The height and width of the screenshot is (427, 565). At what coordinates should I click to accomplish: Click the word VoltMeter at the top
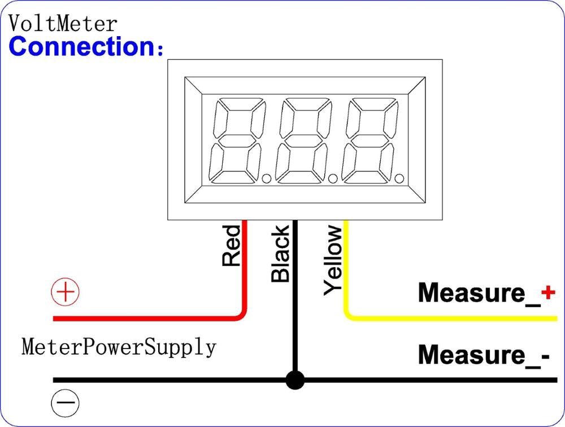point(63,24)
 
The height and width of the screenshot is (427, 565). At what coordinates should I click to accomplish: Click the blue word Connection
point(82,46)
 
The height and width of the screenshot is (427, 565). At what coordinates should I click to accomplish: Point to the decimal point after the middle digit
point(333,179)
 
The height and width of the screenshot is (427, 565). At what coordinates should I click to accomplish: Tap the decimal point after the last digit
point(399,179)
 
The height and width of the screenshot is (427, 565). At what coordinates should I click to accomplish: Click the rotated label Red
point(231,246)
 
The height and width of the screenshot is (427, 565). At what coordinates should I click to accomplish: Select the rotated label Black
point(280,254)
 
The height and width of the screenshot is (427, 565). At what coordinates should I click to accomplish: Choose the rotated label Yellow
point(333,260)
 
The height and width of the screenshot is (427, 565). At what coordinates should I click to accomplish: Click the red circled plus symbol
point(66,293)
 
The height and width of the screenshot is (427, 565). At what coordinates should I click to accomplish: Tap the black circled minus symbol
point(66,403)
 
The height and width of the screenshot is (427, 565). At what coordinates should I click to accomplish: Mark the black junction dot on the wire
point(294,380)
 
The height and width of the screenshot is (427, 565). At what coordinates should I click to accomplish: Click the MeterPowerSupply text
point(119,346)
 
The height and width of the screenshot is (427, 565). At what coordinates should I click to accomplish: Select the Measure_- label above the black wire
point(483,355)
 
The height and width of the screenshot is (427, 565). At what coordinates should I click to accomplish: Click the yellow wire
point(452,319)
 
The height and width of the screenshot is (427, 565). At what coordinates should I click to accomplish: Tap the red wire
point(147,319)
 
